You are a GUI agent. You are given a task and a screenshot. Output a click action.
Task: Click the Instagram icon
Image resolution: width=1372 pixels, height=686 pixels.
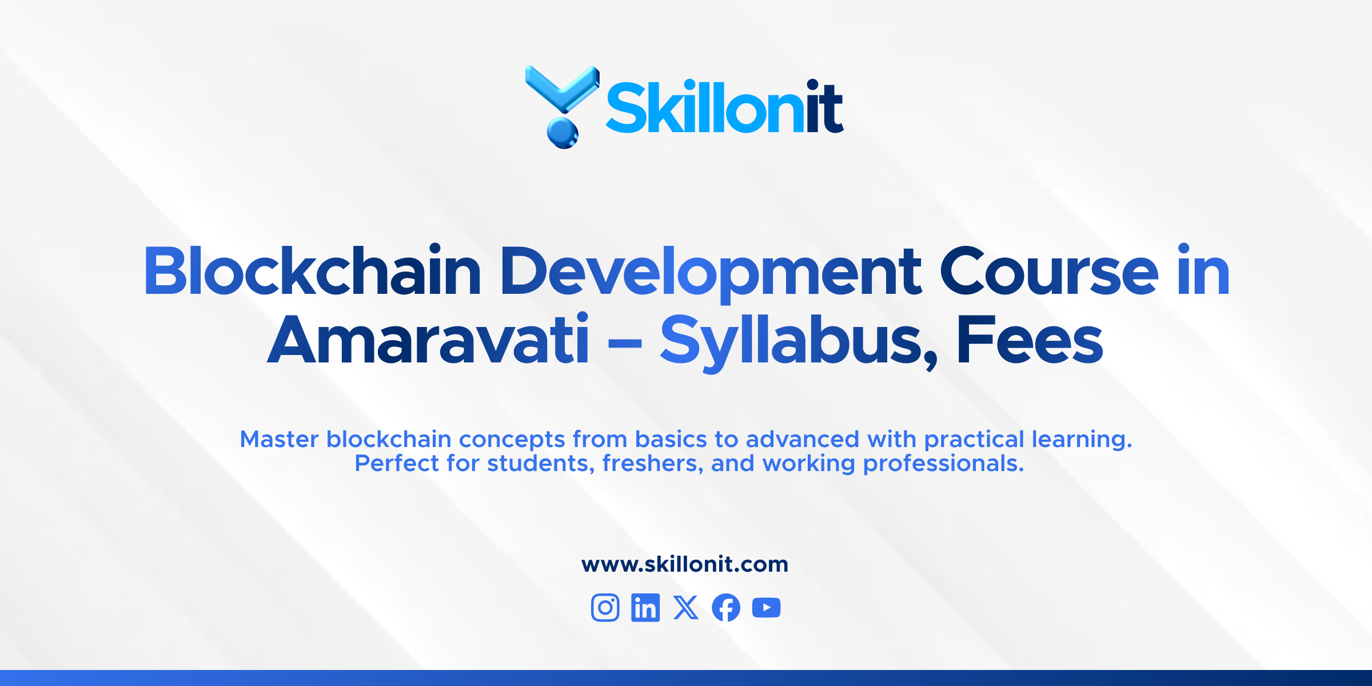605,607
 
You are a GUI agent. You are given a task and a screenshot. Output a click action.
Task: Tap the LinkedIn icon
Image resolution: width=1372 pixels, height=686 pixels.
645,607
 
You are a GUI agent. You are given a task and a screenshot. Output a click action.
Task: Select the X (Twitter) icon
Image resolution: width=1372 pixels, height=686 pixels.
686,607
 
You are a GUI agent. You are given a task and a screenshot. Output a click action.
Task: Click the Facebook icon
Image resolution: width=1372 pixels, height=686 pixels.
726,607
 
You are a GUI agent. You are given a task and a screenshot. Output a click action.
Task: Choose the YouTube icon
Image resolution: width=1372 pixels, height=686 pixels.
767,607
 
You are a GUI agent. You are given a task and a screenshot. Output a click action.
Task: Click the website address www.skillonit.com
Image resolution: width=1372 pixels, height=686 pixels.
685,564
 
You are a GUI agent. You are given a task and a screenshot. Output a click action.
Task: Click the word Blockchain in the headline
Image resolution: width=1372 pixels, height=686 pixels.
312,272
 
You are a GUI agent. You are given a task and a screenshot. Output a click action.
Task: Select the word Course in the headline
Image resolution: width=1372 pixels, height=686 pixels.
1049,272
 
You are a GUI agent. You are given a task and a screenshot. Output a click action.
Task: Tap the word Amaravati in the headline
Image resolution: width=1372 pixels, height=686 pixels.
428,340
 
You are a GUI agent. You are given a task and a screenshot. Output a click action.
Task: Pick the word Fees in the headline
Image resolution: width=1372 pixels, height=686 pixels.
1030,340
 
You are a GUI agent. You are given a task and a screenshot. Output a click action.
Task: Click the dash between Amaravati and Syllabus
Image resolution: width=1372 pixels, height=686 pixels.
625,344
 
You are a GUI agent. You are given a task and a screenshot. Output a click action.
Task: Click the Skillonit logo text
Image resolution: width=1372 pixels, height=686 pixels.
724,107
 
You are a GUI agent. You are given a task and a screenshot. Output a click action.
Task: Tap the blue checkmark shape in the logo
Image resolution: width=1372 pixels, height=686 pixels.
562,89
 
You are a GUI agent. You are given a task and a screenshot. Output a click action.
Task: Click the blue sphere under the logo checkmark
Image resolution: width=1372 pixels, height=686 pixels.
563,133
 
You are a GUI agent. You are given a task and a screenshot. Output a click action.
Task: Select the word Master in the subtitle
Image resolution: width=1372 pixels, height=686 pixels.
279,439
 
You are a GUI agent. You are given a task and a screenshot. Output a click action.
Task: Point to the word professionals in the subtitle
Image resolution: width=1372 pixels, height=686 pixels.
943,463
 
